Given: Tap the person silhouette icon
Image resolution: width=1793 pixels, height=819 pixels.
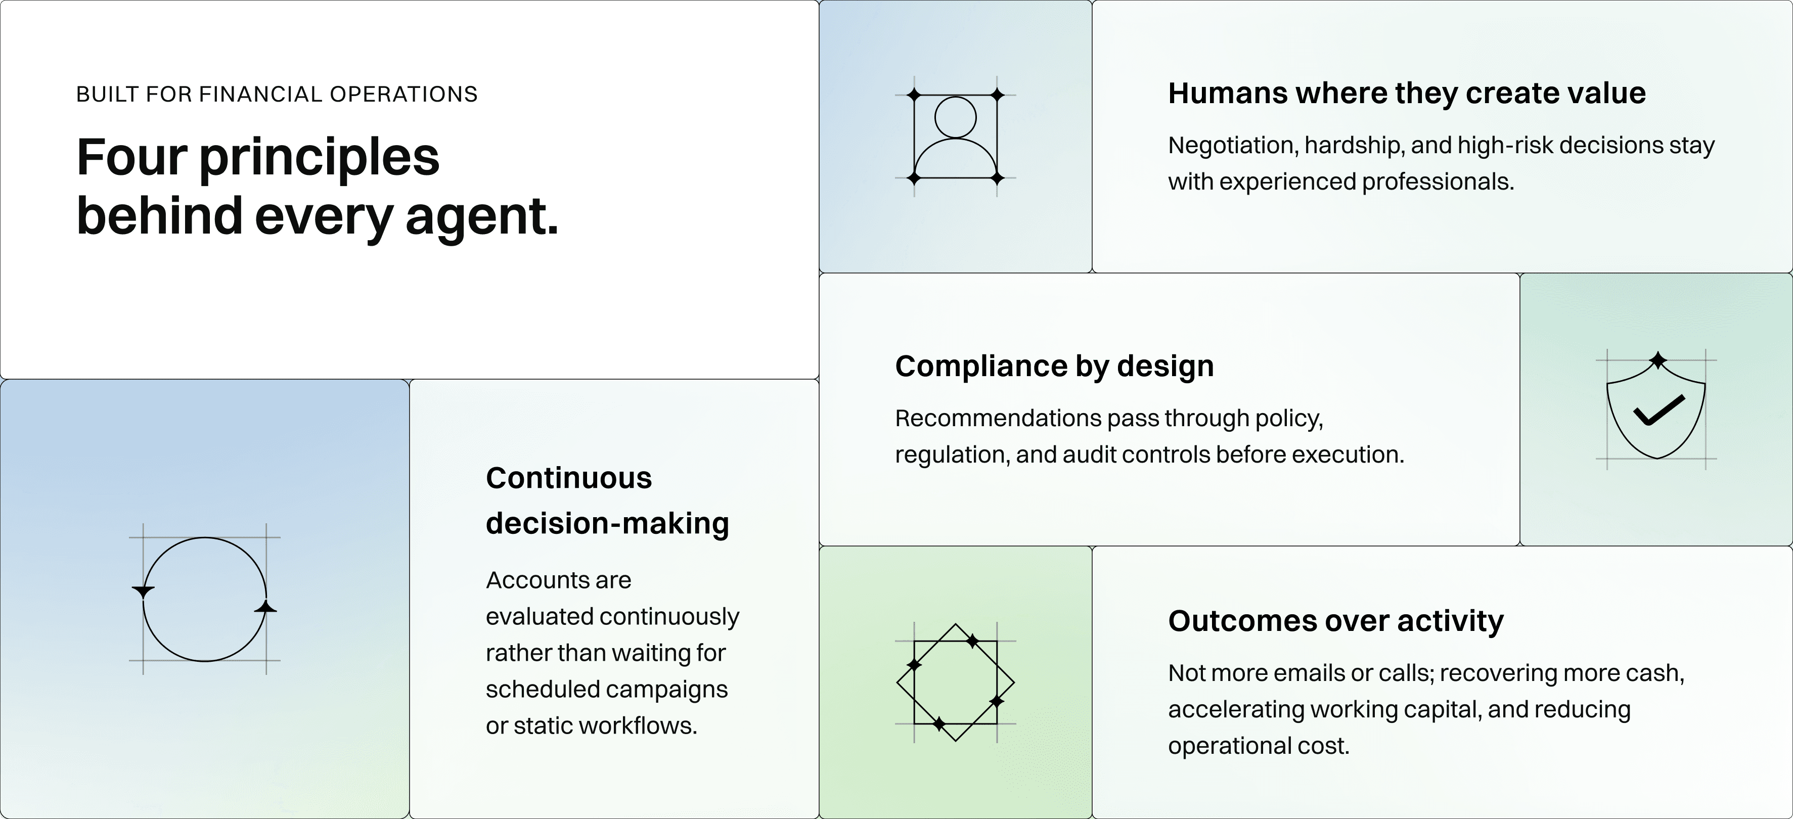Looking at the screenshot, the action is coord(955,136).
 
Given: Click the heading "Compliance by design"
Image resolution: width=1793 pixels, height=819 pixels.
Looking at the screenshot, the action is coord(1054,366).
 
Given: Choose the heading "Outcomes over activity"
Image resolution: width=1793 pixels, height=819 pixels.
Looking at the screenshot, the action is coord(1336,621).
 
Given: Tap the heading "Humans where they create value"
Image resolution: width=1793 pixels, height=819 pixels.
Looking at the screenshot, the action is coord(1407,93).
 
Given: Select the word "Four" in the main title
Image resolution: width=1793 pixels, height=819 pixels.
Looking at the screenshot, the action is coord(131,157).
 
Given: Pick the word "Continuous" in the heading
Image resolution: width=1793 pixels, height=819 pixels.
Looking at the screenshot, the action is coord(569,478).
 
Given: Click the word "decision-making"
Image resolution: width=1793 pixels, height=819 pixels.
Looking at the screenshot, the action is coord(607,524).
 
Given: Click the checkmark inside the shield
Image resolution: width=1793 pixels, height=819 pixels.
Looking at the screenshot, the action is coord(1658,410).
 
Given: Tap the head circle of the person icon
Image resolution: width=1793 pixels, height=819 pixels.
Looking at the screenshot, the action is coord(955,117).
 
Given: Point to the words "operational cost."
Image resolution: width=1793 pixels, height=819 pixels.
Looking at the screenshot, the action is coord(1259,746).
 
